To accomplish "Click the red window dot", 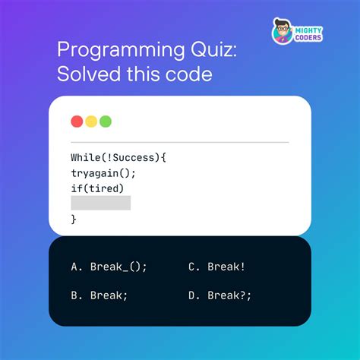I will (x=77, y=122).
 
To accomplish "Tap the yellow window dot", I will (x=91, y=122).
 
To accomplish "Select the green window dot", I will (x=106, y=122).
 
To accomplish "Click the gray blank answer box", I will (x=100, y=203).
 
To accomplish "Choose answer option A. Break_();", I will (x=109, y=267).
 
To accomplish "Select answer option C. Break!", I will (x=216, y=267).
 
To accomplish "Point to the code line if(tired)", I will (x=97, y=188).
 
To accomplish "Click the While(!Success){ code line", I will (x=118, y=157).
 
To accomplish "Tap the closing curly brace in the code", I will (x=74, y=219).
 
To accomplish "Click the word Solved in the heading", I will (x=86, y=74).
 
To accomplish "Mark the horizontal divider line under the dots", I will (x=179, y=142).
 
